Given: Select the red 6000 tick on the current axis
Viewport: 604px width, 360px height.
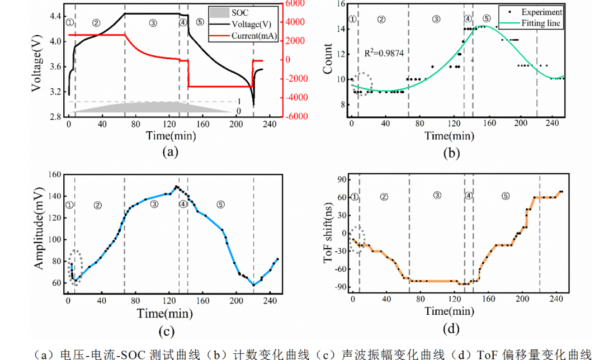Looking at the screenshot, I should pos(296,3).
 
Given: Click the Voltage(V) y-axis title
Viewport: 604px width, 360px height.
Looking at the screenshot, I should pos(40,60).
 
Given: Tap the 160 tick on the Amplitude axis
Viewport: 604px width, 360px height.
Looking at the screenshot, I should pos(55,174).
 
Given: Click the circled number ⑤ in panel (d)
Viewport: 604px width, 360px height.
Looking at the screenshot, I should pos(506,196).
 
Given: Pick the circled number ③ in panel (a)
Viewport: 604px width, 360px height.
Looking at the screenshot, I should pos(153,23).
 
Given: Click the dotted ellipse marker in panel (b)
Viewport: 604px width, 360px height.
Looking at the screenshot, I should pos(364,84).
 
